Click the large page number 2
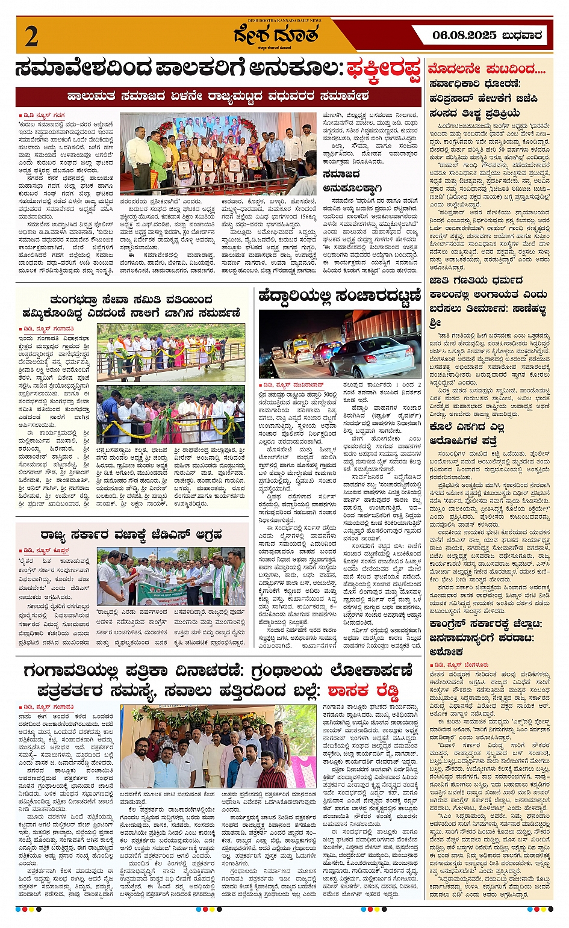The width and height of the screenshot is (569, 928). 32,37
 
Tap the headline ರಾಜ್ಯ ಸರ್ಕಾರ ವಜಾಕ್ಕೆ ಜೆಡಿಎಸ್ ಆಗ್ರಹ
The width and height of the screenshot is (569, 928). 131,534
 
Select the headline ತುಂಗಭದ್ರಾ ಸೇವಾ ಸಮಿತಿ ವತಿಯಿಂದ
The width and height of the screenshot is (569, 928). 131,300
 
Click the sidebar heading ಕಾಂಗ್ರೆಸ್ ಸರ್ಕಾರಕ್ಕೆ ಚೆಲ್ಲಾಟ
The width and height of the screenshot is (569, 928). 485,624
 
